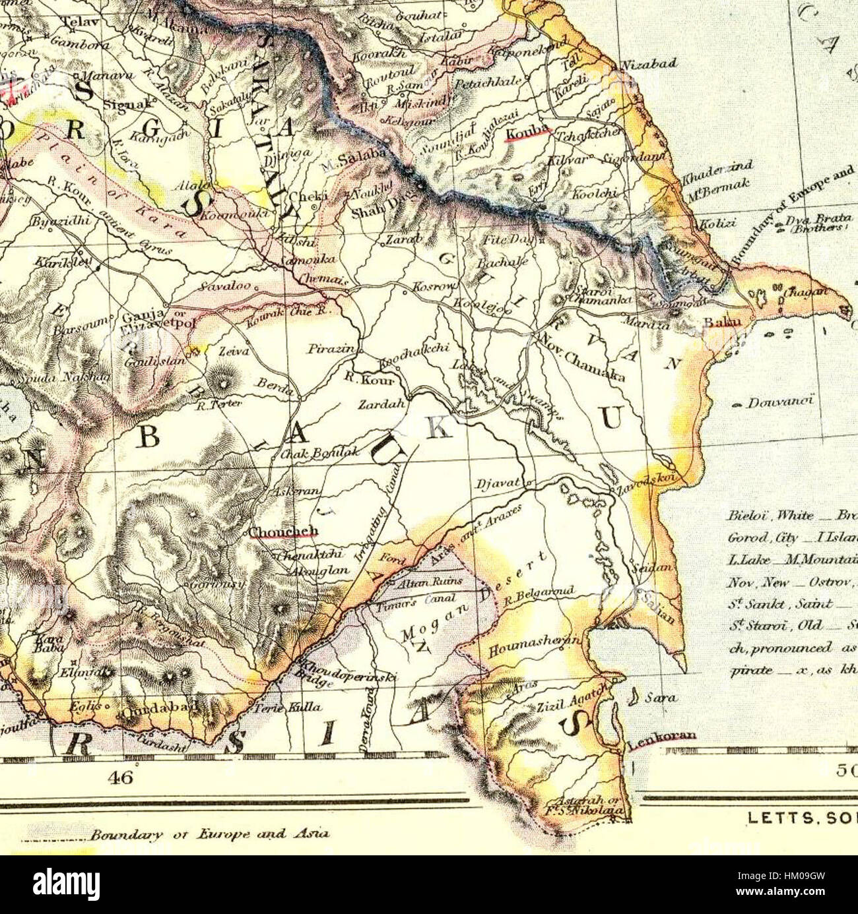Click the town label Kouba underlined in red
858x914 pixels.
525,135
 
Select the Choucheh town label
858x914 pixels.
284,532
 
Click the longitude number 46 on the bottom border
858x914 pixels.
121,777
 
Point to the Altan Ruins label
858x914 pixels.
426,583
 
